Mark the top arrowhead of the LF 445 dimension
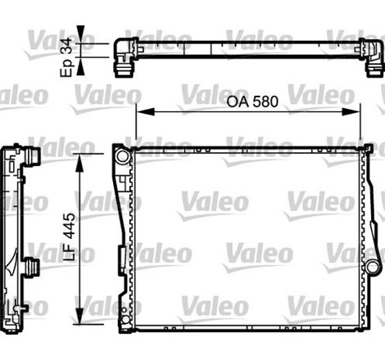pyautogui.click(x=79, y=157)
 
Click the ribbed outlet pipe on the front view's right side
pyautogui.click(x=374, y=267)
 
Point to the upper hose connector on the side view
pyautogui.click(x=34, y=155)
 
